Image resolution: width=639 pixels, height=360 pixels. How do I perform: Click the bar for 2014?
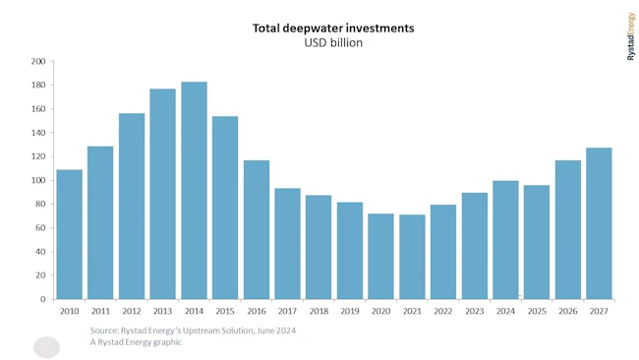click(x=194, y=190)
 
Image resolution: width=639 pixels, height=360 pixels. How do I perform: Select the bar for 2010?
click(x=69, y=234)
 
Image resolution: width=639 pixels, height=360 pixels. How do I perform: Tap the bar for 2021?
click(x=412, y=257)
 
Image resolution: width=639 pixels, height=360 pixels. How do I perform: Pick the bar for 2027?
click(x=600, y=223)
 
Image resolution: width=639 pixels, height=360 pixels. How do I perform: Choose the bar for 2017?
click(x=287, y=243)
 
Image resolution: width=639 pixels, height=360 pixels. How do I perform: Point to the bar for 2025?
click(x=537, y=242)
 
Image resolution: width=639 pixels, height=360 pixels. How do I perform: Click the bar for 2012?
click(x=132, y=206)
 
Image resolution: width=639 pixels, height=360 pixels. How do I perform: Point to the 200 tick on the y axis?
click(x=38, y=61)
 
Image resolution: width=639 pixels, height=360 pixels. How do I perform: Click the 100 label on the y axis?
click(x=38, y=180)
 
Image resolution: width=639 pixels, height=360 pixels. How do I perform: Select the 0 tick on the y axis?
click(x=42, y=299)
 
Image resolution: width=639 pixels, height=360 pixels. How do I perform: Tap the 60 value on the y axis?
click(x=40, y=228)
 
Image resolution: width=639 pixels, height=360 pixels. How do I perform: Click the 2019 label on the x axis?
click(x=350, y=311)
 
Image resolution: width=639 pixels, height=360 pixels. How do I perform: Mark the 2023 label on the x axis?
click(x=475, y=311)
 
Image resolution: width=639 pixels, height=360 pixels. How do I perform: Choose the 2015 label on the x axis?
click(x=225, y=311)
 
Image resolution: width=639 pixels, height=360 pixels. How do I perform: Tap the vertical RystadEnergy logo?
click(x=630, y=36)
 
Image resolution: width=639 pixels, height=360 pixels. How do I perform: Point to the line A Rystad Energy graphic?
click(x=136, y=342)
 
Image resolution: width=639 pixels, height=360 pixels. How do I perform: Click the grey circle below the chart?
click(x=46, y=347)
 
